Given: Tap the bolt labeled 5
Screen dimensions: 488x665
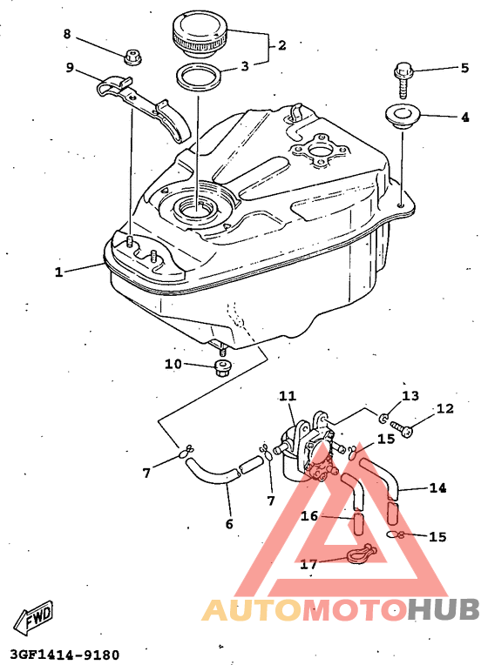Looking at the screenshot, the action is click(x=403, y=80).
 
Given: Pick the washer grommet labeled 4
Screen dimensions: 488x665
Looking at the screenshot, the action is click(x=402, y=116).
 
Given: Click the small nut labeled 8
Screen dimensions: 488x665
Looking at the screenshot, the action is click(x=133, y=57).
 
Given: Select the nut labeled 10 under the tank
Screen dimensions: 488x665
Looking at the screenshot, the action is click(x=222, y=367).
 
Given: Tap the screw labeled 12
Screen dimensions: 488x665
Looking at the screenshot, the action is click(x=402, y=428).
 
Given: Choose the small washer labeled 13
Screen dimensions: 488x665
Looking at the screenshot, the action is click(x=383, y=419).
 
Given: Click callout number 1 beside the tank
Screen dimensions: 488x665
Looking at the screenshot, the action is click(x=58, y=272).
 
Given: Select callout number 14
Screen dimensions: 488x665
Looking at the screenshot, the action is click(x=437, y=487).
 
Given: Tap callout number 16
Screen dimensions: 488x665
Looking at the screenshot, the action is click(x=309, y=515).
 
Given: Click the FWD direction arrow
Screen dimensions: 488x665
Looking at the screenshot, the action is click(x=34, y=615).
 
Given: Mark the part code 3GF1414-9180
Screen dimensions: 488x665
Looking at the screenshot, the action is click(x=64, y=655).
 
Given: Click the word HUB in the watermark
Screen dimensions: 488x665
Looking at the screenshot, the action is click(x=444, y=609).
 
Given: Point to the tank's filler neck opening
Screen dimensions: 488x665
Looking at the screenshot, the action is click(x=196, y=208).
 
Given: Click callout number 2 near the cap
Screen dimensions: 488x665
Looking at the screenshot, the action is click(x=282, y=45).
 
